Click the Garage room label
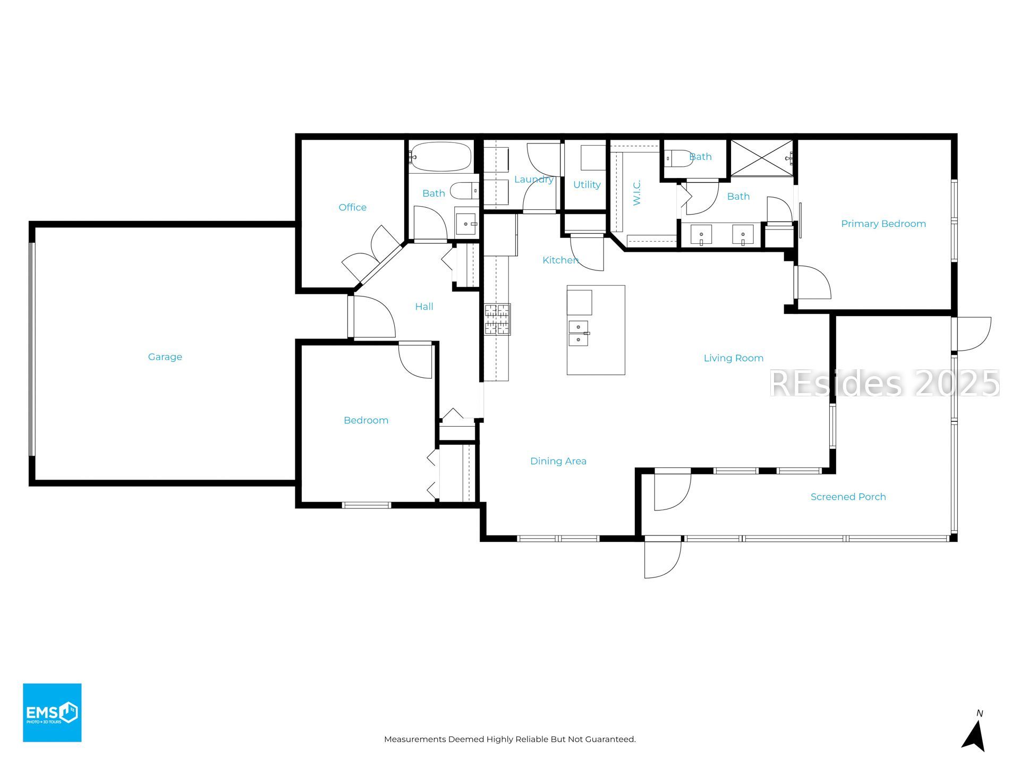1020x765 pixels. point(165,357)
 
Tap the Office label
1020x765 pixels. point(352,207)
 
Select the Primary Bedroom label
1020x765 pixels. point(883,224)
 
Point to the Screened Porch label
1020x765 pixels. point(848,497)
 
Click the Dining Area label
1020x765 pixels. point(558,461)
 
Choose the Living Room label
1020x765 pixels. point(733,359)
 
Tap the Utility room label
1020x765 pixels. point(586,185)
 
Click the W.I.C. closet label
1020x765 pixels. point(637,192)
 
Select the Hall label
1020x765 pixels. point(424,307)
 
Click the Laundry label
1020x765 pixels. point(533,180)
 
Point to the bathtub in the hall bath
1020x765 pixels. point(440,157)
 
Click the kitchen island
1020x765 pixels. point(596,330)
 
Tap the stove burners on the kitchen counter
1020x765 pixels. point(497,319)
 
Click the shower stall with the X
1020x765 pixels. point(761,158)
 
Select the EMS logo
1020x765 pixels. point(52,712)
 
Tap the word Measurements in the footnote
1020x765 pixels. point(415,739)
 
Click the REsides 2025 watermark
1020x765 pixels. point(885,383)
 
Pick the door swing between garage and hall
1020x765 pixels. point(374,317)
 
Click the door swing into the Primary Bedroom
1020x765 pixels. point(813,282)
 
